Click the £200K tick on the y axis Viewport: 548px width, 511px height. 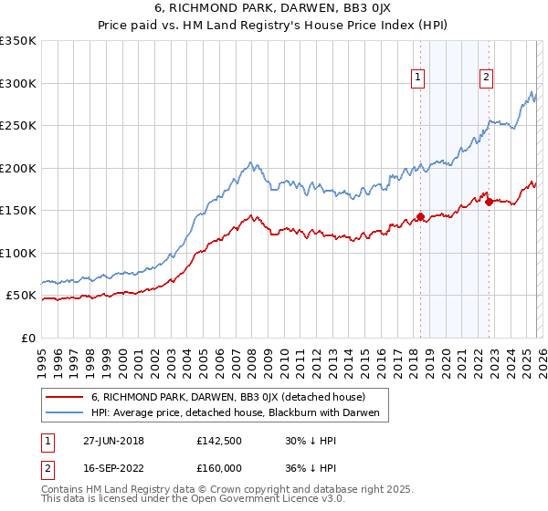tap(18, 168)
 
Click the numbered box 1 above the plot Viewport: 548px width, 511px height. tap(417, 78)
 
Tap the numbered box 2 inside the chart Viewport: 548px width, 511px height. tap(486, 78)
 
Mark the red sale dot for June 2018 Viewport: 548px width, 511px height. tap(420, 217)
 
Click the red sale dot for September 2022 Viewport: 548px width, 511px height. tap(489, 202)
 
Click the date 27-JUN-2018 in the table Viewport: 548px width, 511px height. tap(113, 441)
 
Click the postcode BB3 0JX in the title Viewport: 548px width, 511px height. tap(351, 10)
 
